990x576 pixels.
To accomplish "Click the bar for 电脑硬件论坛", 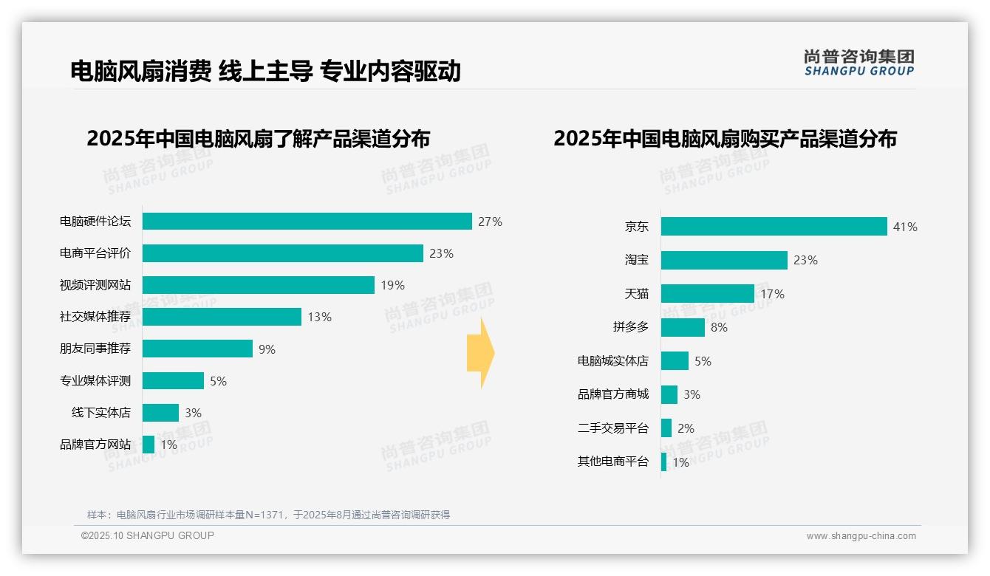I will click(307, 222).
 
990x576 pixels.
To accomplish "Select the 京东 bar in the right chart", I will click(774, 227).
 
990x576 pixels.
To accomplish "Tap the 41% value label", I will click(905, 227).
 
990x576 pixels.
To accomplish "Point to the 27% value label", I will click(490, 222).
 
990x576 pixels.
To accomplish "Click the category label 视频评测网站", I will click(95, 285).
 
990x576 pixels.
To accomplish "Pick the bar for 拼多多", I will click(683, 327).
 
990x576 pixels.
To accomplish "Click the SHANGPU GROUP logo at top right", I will click(858, 63).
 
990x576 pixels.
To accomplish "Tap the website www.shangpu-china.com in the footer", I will click(861, 536).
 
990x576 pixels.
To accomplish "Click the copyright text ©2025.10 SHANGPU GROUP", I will click(148, 535).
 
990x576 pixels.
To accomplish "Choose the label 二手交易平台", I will click(612, 428).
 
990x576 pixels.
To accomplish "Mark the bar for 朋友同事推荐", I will click(197, 349).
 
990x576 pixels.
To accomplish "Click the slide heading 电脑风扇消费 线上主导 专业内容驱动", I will click(266, 71).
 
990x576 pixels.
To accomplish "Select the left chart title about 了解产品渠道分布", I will click(258, 139).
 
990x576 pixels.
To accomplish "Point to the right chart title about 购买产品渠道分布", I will click(725, 139).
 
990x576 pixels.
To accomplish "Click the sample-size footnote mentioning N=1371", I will click(268, 515).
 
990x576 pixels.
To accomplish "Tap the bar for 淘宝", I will click(724, 260).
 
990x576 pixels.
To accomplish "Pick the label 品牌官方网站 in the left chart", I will click(95, 445).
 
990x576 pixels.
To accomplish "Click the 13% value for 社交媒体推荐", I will click(319, 317).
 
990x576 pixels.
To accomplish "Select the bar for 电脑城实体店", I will click(675, 361).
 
